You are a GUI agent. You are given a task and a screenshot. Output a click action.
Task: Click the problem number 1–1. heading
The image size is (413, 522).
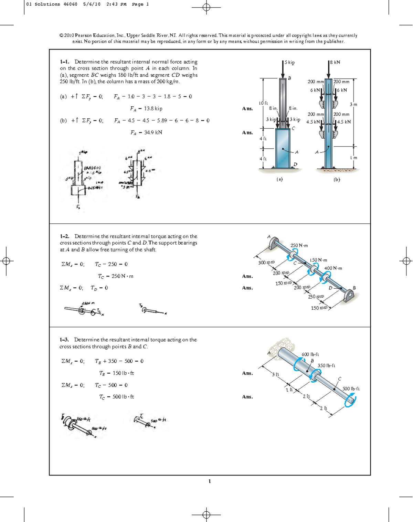click(64, 62)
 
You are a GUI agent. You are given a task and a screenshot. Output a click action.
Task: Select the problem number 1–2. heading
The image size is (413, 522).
click(64, 236)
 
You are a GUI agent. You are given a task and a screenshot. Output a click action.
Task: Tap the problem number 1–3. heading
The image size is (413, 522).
click(64, 340)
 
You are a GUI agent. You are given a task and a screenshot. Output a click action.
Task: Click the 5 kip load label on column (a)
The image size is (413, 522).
click(290, 63)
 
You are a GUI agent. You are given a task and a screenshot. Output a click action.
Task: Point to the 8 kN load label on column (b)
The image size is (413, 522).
click(335, 62)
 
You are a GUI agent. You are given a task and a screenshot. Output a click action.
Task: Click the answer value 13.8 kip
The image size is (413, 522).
click(146, 109)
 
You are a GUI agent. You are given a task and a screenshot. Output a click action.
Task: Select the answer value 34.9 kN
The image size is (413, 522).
click(146, 133)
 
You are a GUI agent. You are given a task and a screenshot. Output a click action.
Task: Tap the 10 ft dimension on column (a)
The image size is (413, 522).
click(263, 103)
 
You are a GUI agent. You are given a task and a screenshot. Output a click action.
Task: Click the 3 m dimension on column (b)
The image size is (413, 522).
click(353, 104)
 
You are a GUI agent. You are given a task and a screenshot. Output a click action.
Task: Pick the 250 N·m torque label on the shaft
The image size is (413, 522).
click(299, 246)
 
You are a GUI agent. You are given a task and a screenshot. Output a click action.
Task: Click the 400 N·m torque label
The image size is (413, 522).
click(333, 268)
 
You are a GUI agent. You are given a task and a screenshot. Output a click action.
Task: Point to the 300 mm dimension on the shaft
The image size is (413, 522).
click(266, 263)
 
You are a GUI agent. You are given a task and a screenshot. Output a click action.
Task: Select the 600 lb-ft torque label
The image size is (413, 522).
click(310, 354)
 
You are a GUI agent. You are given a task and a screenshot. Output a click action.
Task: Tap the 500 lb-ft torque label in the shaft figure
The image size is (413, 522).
click(351, 389)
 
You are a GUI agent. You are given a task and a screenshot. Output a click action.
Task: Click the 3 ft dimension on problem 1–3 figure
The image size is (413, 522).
click(275, 374)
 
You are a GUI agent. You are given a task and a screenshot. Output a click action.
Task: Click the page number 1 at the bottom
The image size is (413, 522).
click(209, 481)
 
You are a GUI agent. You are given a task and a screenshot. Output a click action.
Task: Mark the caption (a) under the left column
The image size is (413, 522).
click(279, 179)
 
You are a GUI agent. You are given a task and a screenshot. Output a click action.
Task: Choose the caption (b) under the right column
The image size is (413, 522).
click(337, 179)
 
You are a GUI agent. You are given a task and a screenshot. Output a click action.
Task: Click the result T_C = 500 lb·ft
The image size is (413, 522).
click(116, 397)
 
